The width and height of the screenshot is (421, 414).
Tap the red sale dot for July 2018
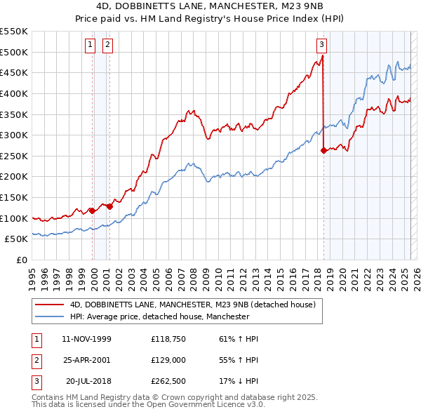[x=323, y=149]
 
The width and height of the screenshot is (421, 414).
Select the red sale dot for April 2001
[x=109, y=206]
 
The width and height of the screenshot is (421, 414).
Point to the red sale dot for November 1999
[x=92, y=210]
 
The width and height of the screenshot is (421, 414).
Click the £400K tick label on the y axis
[x=14, y=93]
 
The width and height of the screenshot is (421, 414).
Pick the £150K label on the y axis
[x=14, y=197]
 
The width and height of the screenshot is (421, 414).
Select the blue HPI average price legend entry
[x=160, y=317]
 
